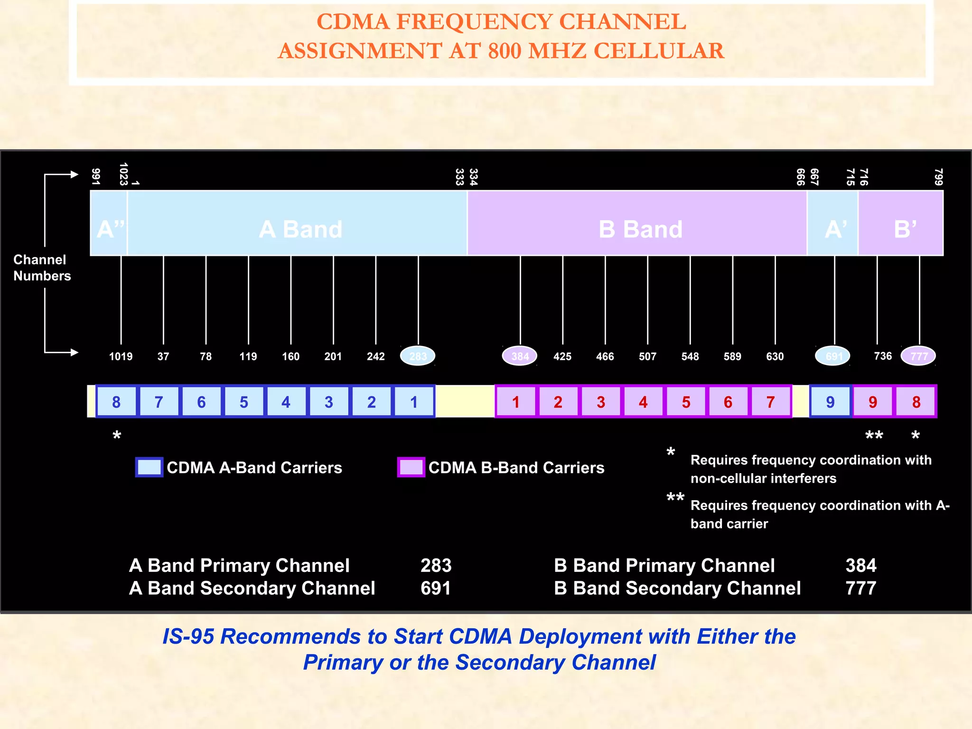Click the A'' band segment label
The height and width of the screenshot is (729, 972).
[x=110, y=229]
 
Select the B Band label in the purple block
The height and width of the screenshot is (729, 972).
[x=640, y=229]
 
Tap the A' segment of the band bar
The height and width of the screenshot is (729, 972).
[x=835, y=229]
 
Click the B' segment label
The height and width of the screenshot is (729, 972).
[x=905, y=229]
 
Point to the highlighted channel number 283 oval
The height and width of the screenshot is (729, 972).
[x=418, y=356]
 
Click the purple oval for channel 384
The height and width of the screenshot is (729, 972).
[x=520, y=356]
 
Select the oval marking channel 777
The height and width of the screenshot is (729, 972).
[x=918, y=356]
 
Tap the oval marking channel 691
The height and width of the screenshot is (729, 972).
[x=833, y=356]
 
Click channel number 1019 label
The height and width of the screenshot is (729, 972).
[x=121, y=356]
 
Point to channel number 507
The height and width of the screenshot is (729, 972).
[x=647, y=356]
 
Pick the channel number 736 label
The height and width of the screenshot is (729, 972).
[x=883, y=356]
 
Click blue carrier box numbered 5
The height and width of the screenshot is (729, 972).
[x=243, y=402]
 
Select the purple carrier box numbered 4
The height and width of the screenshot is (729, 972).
[x=643, y=402]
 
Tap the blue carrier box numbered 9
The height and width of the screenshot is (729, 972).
[x=830, y=402]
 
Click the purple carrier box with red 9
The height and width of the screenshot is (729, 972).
[x=873, y=402]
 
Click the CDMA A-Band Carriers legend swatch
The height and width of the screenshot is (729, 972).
[x=149, y=467]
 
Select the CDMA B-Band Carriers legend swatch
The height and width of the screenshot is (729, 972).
[x=411, y=467]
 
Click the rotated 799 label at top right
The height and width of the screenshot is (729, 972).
[x=938, y=177]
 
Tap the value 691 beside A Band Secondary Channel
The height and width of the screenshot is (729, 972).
[x=435, y=589]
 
